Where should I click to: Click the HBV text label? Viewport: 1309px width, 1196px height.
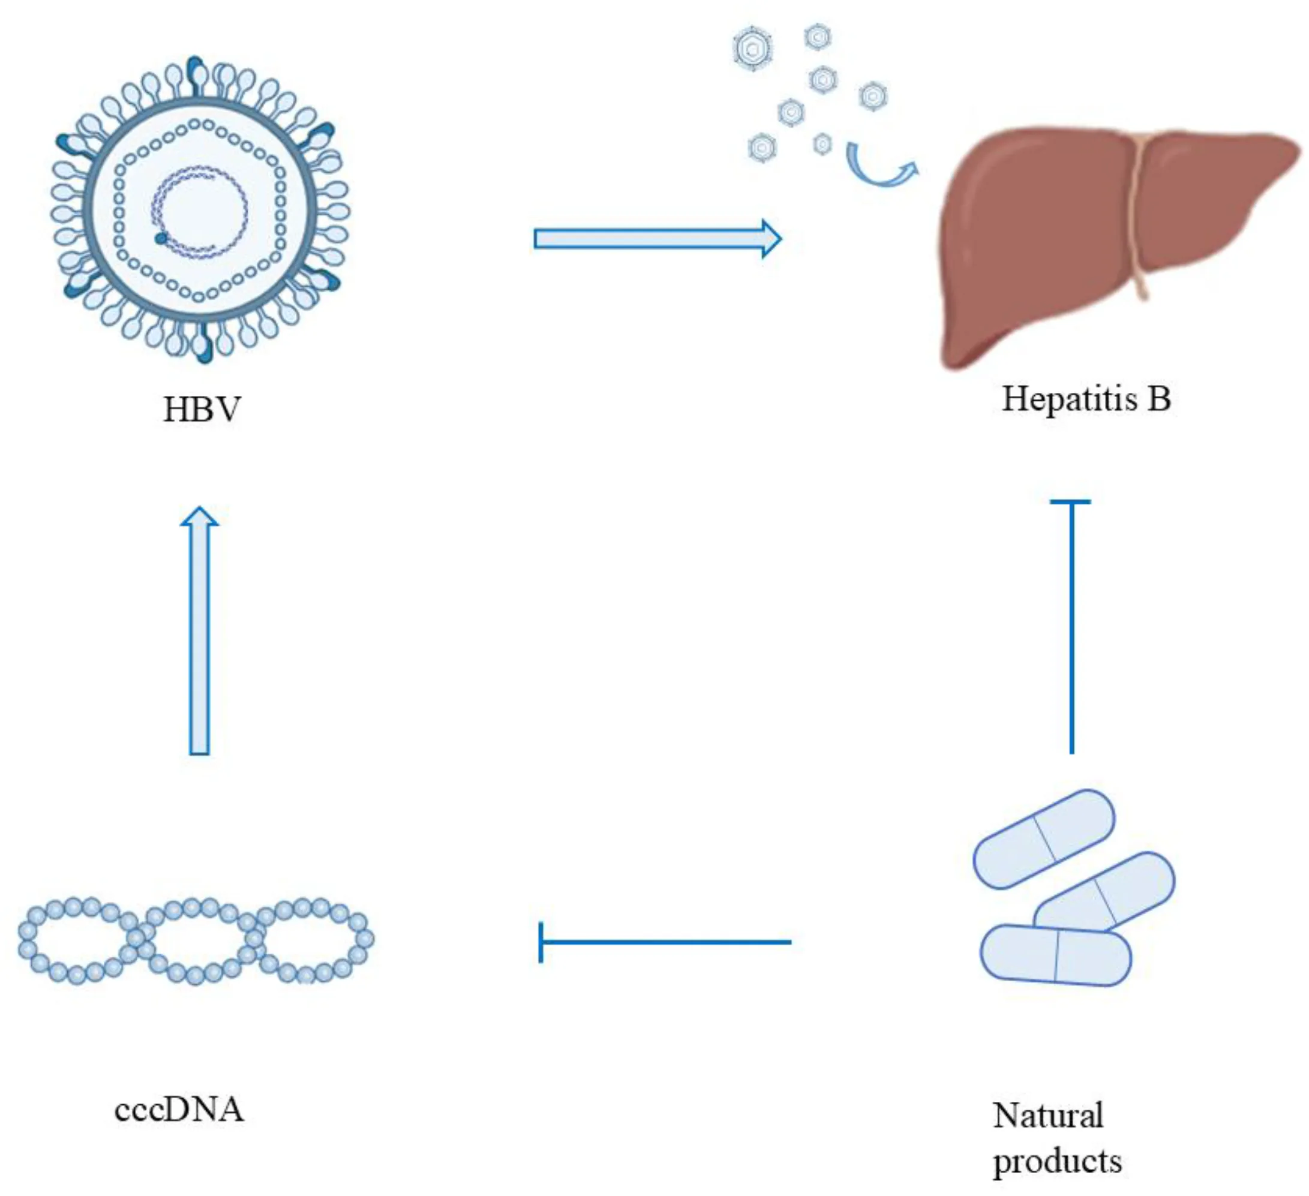click(x=202, y=410)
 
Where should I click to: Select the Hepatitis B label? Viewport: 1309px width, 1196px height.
click(x=1086, y=399)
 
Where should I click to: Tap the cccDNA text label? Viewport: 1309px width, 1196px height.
click(x=179, y=1110)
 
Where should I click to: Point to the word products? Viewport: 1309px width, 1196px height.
click(x=1057, y=1161)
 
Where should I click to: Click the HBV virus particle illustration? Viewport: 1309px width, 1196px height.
click(x=200, y=209)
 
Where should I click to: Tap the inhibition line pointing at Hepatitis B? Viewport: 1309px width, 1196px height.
click(x=1071, y=630)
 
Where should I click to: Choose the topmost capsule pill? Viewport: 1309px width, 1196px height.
click(x=1043, y=839)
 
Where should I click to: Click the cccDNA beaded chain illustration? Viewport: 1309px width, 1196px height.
click(x=195, y=939)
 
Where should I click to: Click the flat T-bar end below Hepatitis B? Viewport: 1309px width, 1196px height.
click(x=1071, y=502)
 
